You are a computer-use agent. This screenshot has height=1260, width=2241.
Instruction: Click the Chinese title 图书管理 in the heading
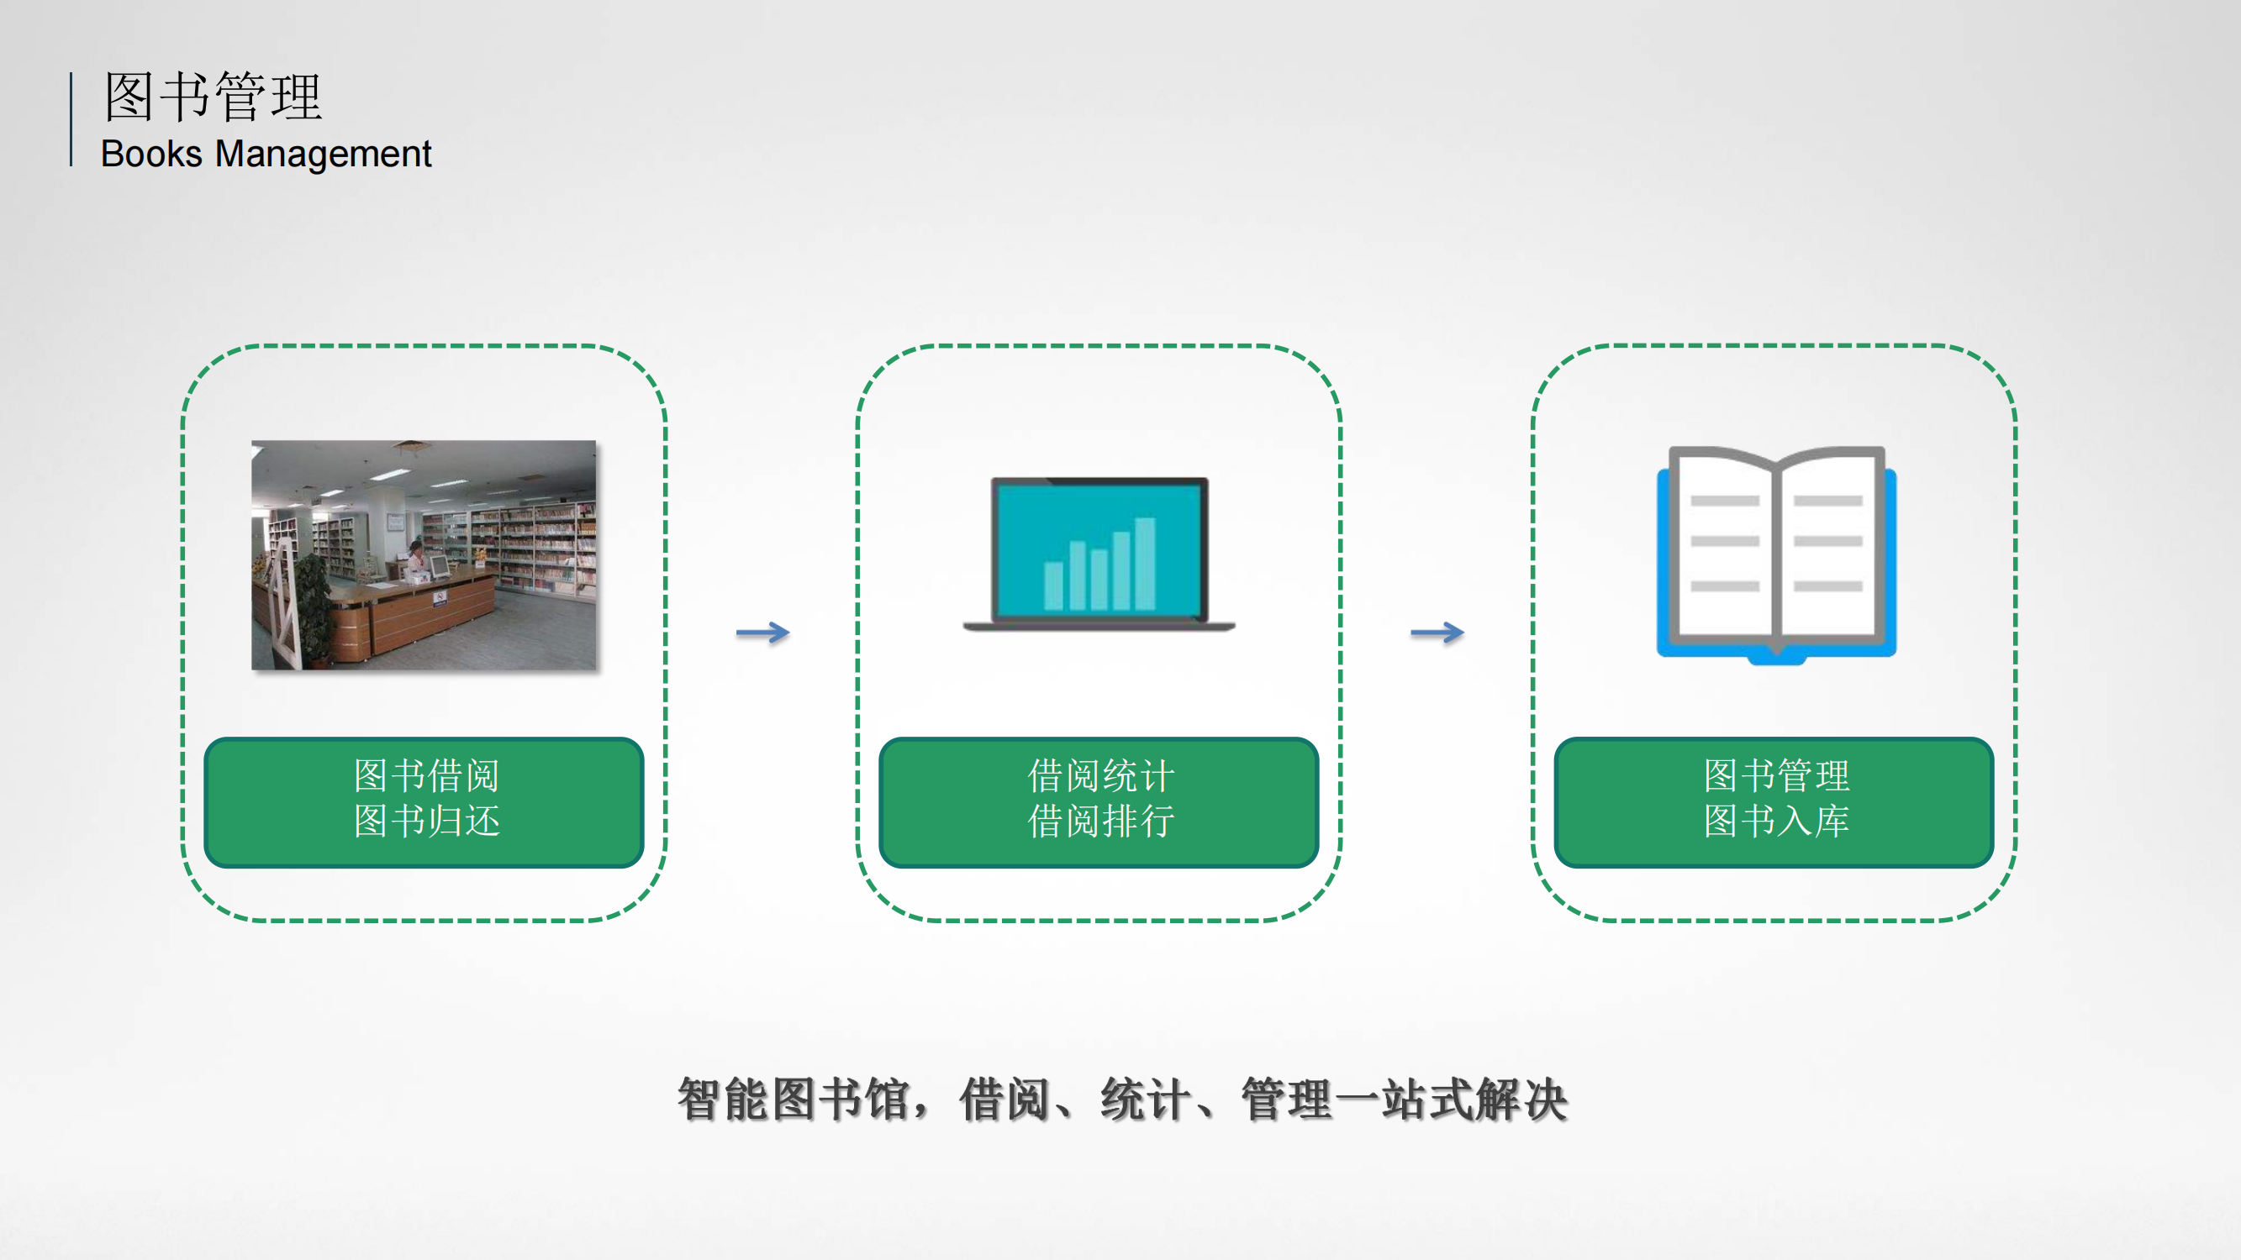pyautogui.click(x=214, y=96)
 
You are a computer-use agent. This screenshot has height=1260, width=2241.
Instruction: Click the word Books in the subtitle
pyautogui.click(x=151, y=154)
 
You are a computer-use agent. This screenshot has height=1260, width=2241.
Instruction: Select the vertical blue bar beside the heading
pyautogui.click(x=71, y=119)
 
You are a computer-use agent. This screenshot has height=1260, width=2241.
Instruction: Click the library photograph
pyautogui.click(x=424, y=554)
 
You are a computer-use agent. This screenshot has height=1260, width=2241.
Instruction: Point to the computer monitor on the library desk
pyautogui.click(x=439, y=565)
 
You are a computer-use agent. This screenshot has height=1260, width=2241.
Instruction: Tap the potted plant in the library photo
pyautogui.click(x=314, y=604)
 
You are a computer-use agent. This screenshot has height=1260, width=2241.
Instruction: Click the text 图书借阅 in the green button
pyautogui.click(x=426, y=775)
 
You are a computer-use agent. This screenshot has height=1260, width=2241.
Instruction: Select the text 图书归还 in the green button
pyautogui.click(x=426, y=821)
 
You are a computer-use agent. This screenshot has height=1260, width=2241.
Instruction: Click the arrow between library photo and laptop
pyautogui.click(x=763, y=633)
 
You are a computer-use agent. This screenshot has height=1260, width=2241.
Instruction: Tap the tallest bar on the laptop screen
pyautogui.click(x=1145, y=564)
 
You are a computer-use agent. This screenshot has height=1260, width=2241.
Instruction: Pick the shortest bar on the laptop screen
pyautogui.click(x=1053, y=586)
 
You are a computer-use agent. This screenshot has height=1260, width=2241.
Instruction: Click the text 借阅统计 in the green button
pyautogui.click(x=1101, y=775)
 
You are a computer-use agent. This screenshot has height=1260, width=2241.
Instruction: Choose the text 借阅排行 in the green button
pyautogui.click(x=1101, y=821)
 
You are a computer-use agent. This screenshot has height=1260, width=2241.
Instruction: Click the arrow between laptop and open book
pyautogui.click(x=1437, y=633)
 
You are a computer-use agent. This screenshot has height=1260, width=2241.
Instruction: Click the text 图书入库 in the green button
pyautogui.click(x=1776, y=821)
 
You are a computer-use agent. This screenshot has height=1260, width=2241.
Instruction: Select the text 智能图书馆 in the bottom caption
pyautogui.click(x=794, y=1099)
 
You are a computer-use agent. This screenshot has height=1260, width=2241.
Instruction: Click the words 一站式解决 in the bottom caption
pyautogui.click(x=1450, y=1099)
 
